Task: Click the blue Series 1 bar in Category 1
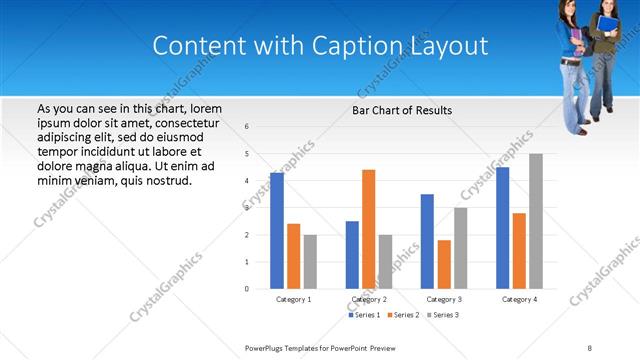pyautogui.click(x=277, y=231)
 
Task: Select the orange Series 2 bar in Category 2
pyautogui.click(x=369, y=229)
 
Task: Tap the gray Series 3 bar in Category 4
pyautogui.click(x=536, y=221)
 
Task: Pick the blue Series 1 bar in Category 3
pyautogui.click(x=427, y=241)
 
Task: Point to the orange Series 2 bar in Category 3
pyautogui.click(x=444, y=264)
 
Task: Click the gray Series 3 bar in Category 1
pyautogui.click(x=310, y=261)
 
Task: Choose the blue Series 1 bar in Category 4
pyautogui.click(x=503, y=228)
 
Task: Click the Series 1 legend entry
pyautogui.click(x=364, y=315)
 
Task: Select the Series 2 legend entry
pyautogui.click(x=402, y=315)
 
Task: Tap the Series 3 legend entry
pyautogui.click(x=440, y=315)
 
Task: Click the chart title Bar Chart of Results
pyautogui.click(x=402, y=110)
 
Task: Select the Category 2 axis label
pyautogui.click(x=369, y=299)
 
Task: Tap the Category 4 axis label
pyautogui.click(x=519, y=299)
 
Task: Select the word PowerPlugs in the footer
pyautogui.click(x=266, y=347)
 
